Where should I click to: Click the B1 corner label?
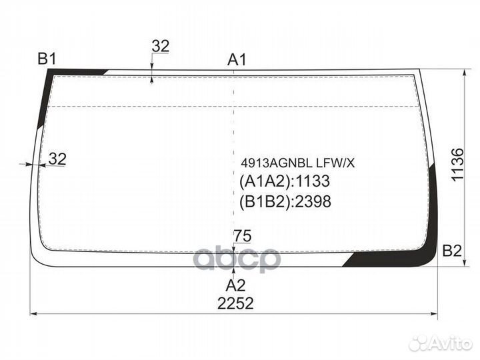pyautogui.click(x=47, y=59)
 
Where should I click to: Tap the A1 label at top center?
pyautogui.click(x=237, y=60)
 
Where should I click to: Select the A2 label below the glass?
pyautogui.click(x=235, y=285)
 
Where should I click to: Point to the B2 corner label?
pyautogui.click(x=452, y=251)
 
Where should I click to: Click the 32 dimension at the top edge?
pyautogui.click(x=161, y=46)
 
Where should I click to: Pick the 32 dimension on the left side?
pyautogui.click(x=57, y=159)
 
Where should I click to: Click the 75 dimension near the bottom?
pyautogui.click(x=242, y=236)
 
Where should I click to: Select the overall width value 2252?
pyautogui.click(x=235, y=303)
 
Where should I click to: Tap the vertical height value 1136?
pyautogui.click(x=457, y=165)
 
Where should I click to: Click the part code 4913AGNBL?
pyautogui.click(x=277, y=163)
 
